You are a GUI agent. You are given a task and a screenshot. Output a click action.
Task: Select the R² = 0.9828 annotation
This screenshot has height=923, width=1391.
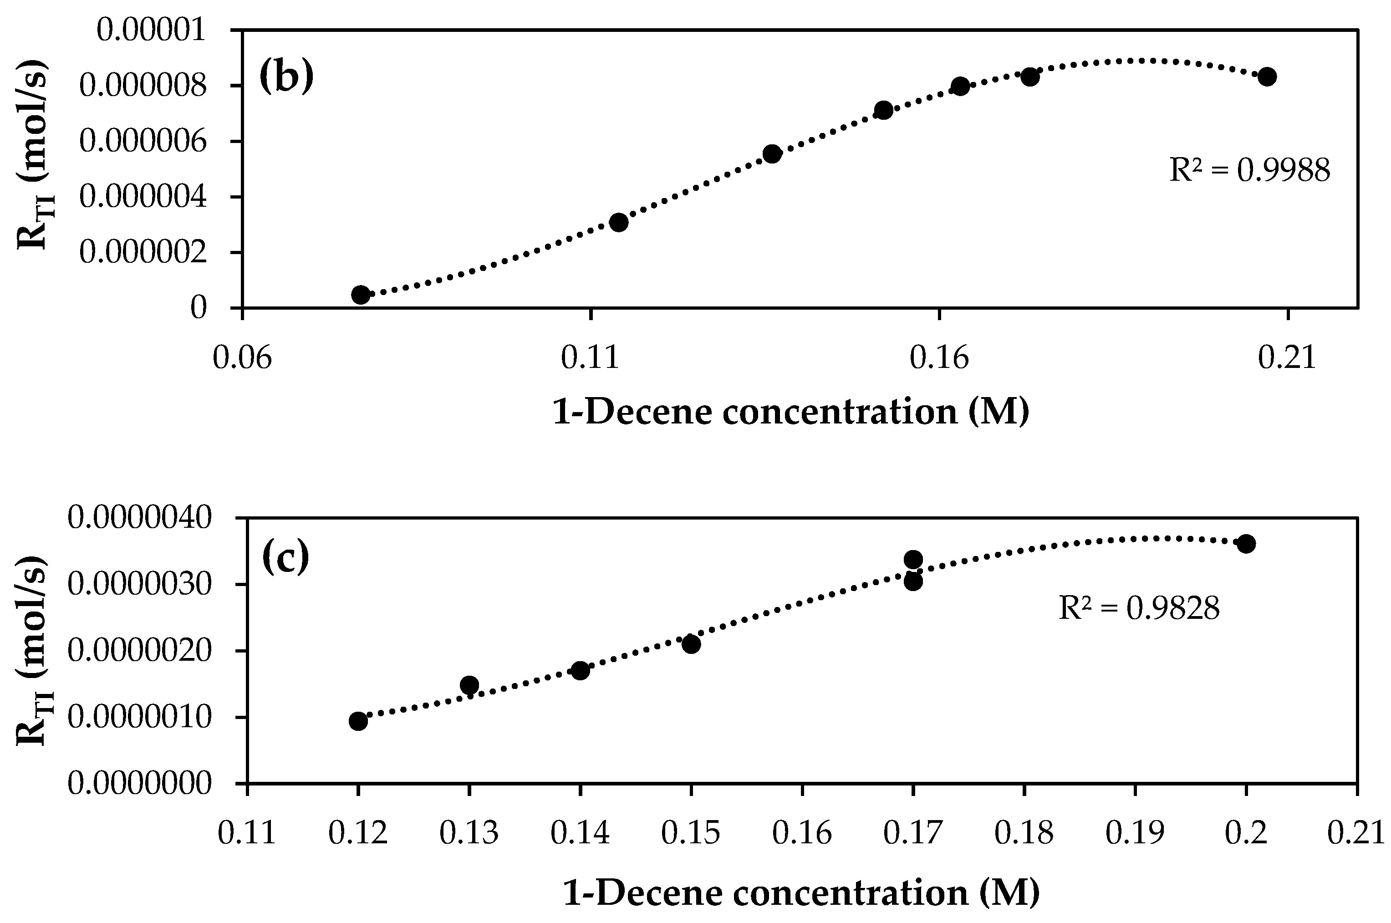pos(1138,608)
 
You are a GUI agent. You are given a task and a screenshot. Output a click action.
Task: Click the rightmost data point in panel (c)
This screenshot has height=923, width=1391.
pos(1246,543)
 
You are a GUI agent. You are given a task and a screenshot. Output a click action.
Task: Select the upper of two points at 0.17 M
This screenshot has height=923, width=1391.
pos(913,559)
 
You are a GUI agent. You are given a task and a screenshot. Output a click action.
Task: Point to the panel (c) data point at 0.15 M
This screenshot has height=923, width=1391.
pos(691,644)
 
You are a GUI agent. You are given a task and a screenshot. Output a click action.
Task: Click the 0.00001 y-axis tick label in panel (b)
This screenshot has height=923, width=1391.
pos(152,30)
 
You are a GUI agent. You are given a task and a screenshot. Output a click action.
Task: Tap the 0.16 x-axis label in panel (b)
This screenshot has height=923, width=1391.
pos(939,358)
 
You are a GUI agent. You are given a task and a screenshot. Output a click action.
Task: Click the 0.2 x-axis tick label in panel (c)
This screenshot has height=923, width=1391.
pos(1246,834)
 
